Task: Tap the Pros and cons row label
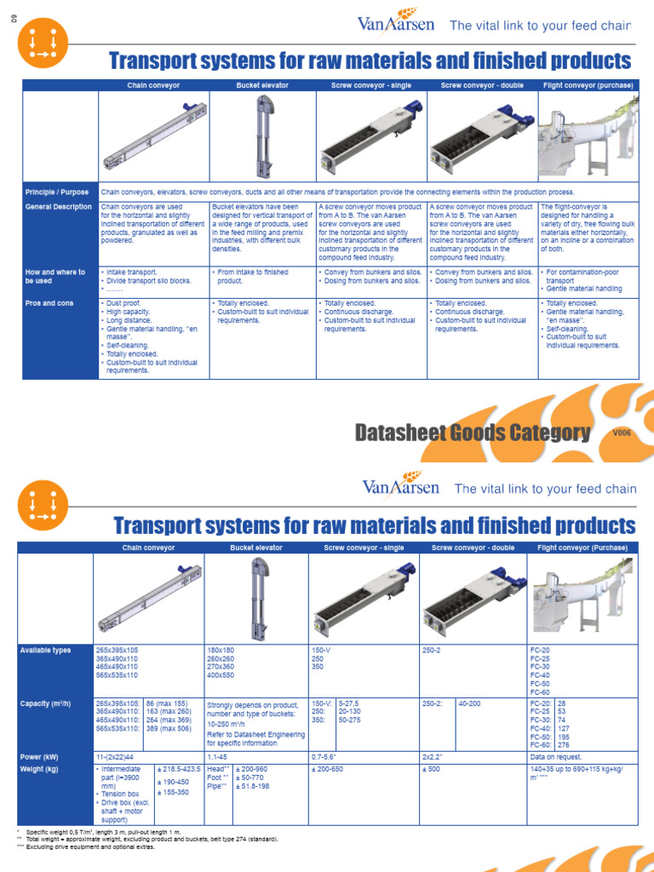pos(49,303)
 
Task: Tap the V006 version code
pos(622,433)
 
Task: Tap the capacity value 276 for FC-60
pos(562,745)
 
